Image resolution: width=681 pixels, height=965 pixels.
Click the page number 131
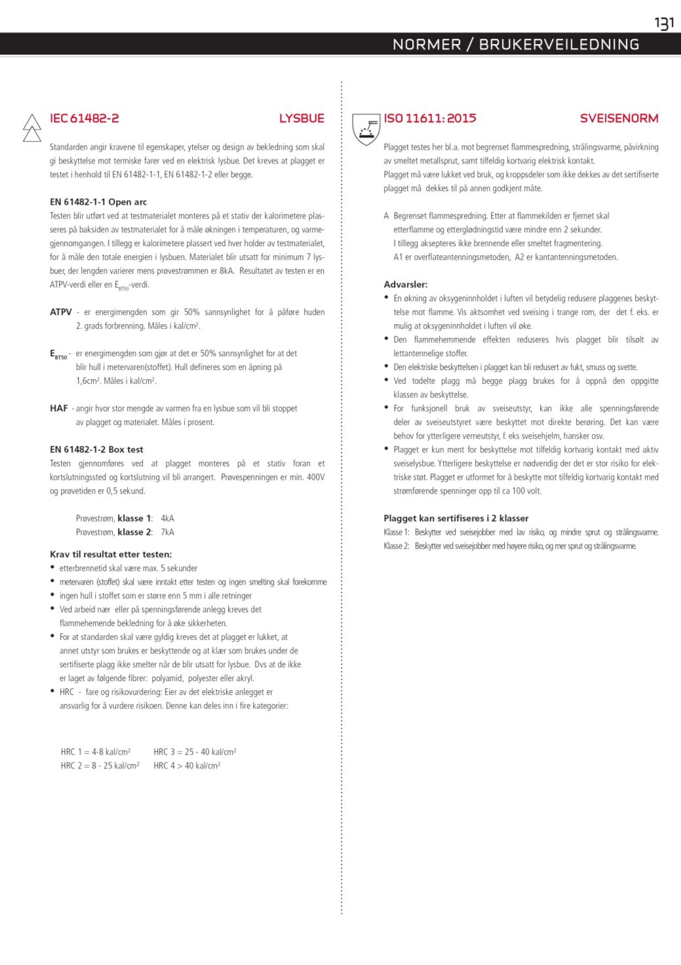coord(664,23)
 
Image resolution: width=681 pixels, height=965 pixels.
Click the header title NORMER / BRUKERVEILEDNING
coord(516,45)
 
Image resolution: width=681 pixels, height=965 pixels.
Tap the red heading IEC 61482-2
coord(85,119)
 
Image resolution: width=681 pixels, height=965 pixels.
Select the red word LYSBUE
coord(302,119)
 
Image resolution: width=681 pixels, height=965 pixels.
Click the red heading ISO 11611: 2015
coord(430,119)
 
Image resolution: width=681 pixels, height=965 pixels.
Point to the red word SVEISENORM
coord(619,119)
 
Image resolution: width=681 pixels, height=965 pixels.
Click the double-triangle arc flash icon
coord(32,128)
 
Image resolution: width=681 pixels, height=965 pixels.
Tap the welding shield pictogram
coord(366,128)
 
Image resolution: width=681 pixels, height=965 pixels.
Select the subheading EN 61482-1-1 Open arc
coord(98,202)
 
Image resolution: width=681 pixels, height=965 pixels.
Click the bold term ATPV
coord(61,312)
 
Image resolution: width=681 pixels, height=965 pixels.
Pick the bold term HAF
coord(59,408)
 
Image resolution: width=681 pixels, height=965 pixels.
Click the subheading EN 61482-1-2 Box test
coord(96,449)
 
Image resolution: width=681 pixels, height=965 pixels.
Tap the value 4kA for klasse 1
coord(167,518)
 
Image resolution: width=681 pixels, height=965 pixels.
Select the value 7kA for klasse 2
coord(167,532)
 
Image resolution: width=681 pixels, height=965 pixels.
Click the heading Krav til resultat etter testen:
coord(111,554)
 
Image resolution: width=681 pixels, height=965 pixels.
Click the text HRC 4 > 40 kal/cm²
coord(187,766)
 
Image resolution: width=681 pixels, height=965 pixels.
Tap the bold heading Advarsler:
coord(406,285)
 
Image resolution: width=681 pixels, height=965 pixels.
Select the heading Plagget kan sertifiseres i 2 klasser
coord(456,518)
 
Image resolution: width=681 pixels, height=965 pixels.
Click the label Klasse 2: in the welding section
coord(397,546)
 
